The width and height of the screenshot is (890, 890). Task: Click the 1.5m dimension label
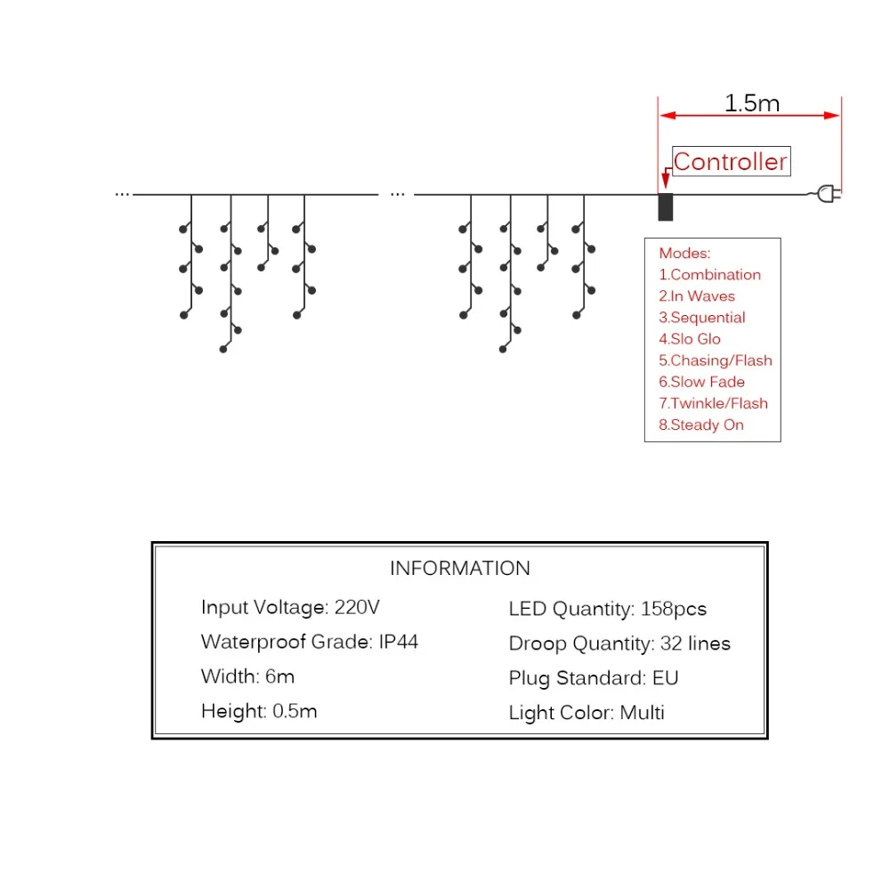(x=751, y=102)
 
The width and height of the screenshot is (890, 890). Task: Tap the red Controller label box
(x=731, y=161)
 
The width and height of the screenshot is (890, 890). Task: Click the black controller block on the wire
(x=665, y=206)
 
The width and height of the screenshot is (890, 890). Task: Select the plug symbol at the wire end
(x=829, y=194)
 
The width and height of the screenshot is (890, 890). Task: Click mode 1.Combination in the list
(x=709, y=275)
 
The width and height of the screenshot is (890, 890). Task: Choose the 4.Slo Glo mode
(x=690, y=339)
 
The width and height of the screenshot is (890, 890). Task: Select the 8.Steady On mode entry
(x=701, y=425)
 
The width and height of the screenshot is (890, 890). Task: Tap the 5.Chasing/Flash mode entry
(x=716, y=360)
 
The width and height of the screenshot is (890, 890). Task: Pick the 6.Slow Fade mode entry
(x=701, y=382)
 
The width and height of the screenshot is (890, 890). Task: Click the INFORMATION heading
(x=460, y=568)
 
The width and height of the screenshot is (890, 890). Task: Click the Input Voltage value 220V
(x=357, y=607)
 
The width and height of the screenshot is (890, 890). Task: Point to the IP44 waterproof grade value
(x=399, y=642)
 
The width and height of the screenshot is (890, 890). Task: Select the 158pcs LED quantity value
(x=674, y=609)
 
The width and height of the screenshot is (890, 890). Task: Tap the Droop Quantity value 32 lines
(x=695, y=643)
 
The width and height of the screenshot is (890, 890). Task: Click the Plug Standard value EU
(x=665, y=678)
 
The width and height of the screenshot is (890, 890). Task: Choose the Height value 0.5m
(x=295, y=711)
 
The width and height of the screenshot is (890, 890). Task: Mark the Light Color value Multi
(x=642, y=713)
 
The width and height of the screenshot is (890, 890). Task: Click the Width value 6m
(x=279, y=676)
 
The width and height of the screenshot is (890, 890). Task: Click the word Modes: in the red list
(x=684, y=253)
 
